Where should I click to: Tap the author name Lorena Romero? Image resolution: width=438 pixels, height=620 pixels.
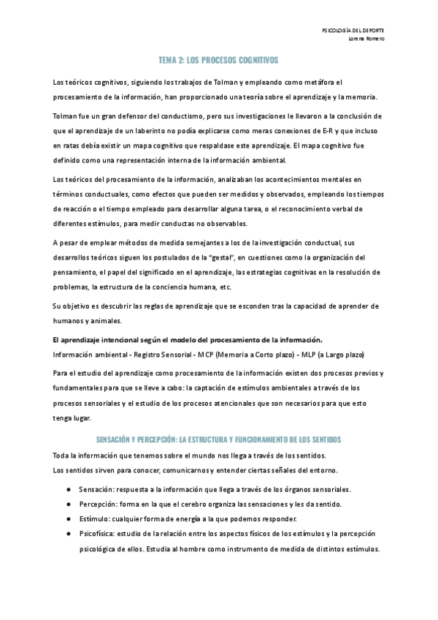point(367,39)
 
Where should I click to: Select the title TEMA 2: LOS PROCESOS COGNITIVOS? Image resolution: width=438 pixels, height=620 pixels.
point(218,61)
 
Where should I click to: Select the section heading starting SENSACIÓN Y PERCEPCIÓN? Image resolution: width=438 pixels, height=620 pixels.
point(218,439)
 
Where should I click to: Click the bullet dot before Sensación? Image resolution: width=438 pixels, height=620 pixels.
point(68,488)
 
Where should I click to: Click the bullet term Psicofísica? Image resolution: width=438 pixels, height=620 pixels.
point(97,534)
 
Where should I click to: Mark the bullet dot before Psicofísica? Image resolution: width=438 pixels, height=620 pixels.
point(68,534)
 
